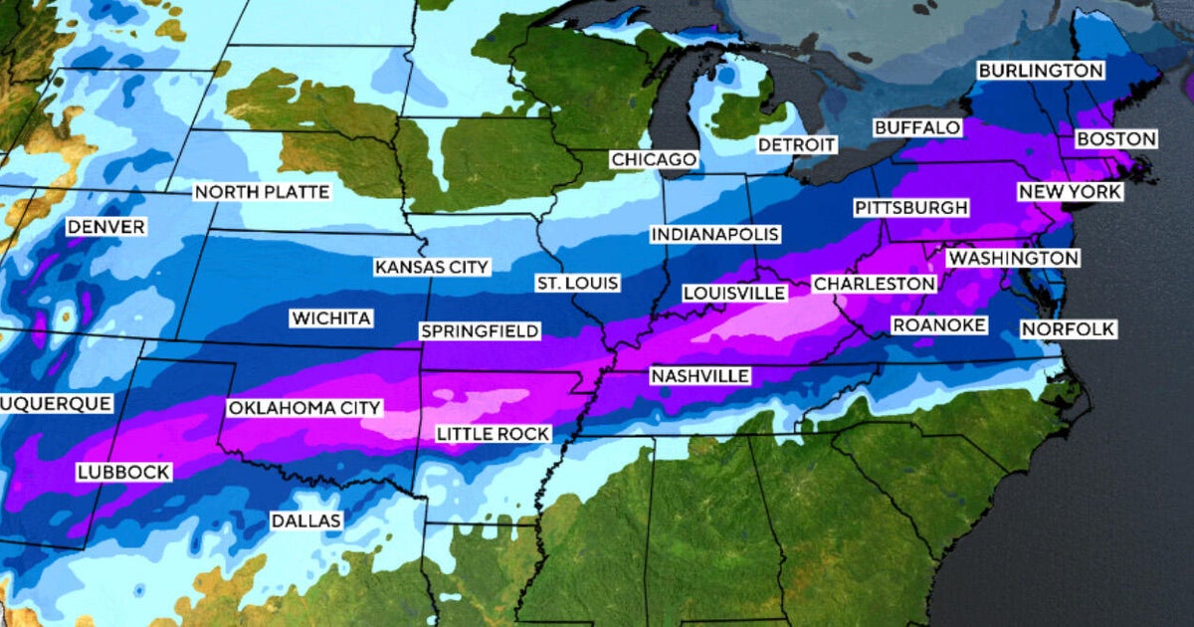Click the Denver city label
(105, 228)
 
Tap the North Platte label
(261, 192)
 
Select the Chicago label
(654, 159)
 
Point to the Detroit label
(796, 144)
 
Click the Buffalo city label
(917, 127)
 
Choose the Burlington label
(1040, 71)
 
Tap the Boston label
(1116, 139)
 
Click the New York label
(1070, 191)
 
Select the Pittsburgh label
(910, 208)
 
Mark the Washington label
(1012, 258)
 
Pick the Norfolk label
(1068, 328)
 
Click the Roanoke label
(938, 325)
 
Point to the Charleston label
(875, 284)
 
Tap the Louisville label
(733, 293)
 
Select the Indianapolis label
(714, 235)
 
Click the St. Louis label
(577, 284)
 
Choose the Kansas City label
(432, 267)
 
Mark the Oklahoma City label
(303, 408)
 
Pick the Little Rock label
(493, 433)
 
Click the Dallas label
(305, 521)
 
